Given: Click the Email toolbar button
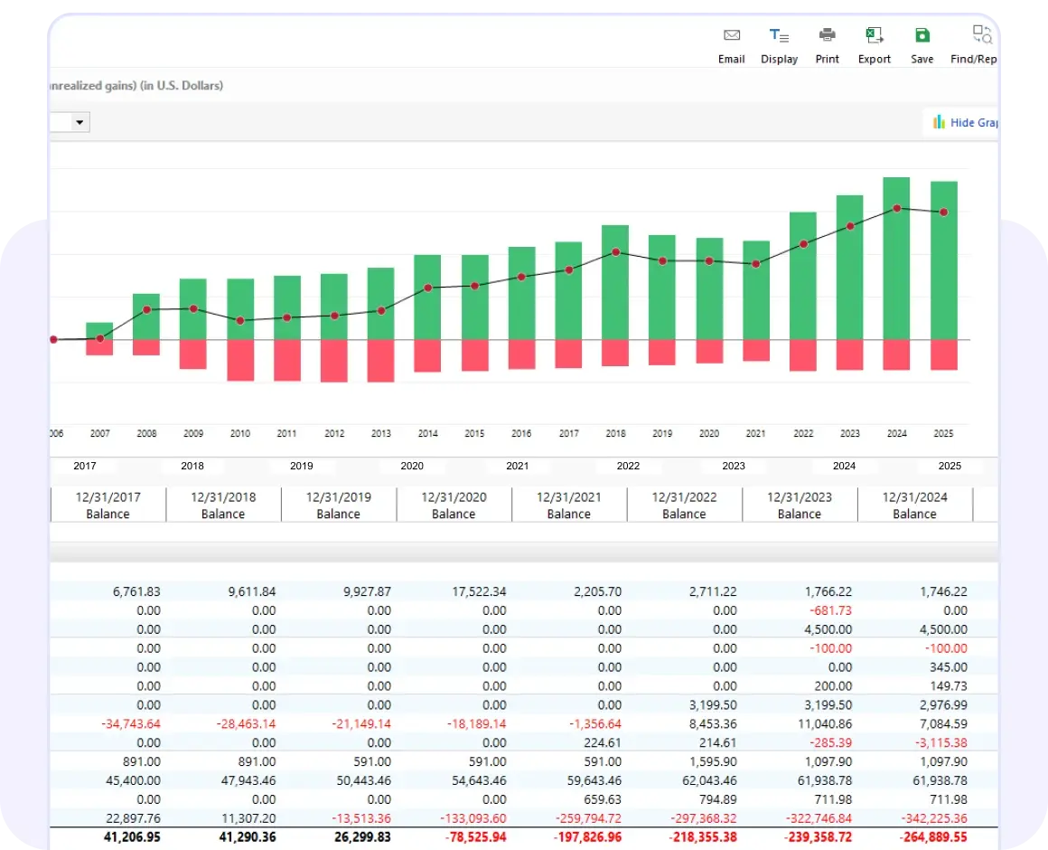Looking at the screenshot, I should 731,45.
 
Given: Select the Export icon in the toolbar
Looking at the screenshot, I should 874,45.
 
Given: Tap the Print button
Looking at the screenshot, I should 827,45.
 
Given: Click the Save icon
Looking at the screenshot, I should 922,45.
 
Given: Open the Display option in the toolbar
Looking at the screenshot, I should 779,45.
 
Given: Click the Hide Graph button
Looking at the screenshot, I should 964,122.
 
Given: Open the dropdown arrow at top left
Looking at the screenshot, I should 80,122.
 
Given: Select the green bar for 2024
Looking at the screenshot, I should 896,258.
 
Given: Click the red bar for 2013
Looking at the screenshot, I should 381,361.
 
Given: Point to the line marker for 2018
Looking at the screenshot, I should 615,252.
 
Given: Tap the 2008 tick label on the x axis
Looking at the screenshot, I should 146,434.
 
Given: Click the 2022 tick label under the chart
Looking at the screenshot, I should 803,434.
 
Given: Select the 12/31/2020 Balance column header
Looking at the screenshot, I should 454,505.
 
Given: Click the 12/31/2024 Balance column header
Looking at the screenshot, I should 914,505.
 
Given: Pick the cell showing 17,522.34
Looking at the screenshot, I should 475,591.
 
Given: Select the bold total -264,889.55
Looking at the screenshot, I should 928,837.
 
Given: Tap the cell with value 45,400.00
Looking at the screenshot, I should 132,780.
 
